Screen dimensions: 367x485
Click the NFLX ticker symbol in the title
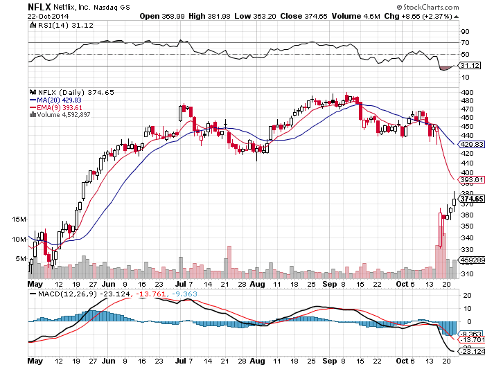click(39, 6)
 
